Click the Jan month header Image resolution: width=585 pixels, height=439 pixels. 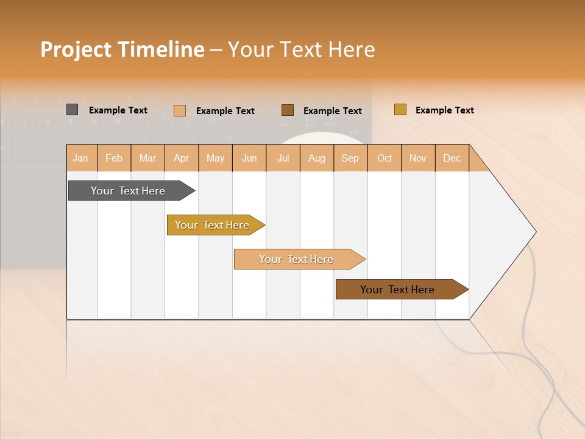[81, 158]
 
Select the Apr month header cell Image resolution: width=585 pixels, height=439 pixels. [181, 158]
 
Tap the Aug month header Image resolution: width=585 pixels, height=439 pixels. [316, 158]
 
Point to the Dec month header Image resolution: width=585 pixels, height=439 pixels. [452, 158]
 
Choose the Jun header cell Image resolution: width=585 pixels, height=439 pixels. [249, 158]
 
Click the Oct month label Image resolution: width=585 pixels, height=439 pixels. [384, 158]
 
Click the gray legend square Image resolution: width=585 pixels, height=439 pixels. [73, 110]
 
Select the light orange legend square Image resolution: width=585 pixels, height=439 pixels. [180, 110]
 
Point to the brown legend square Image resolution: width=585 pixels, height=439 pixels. [288, 110]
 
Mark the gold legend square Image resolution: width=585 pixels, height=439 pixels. [400, 110]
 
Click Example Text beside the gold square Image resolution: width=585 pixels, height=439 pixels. [444, 110]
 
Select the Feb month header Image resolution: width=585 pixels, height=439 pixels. [114, 158]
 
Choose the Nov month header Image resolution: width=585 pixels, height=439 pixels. [417, 158]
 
